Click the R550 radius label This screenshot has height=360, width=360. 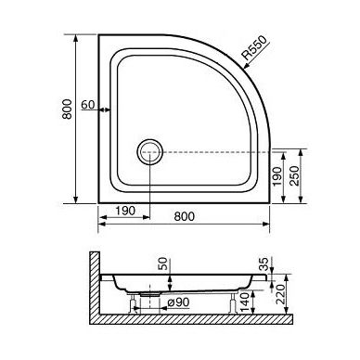click(253, 48)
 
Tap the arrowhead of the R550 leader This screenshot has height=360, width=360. click(247, 66)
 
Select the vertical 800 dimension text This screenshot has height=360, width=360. click(67, 109)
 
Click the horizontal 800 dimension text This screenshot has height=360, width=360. click(185, 216)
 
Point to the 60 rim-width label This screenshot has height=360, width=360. click(88, 105)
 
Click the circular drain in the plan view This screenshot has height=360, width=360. click(149, 152)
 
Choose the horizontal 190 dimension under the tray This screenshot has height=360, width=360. click(125, 211)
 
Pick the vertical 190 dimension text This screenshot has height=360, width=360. click(277, 176)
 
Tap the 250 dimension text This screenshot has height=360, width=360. click(295, 176)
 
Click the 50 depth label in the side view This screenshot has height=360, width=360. click(163, 264)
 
